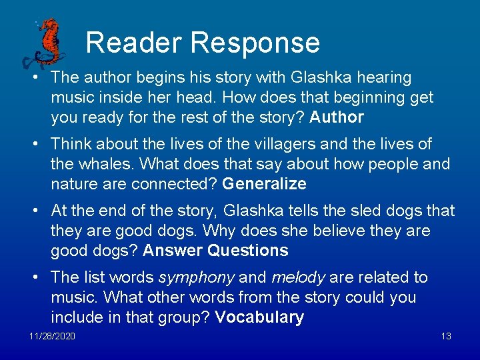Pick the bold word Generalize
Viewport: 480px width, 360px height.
click(x=265, y=184)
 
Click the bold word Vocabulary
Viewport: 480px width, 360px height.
click(x=259, y=317)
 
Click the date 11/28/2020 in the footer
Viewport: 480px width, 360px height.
click(x=52, y=336)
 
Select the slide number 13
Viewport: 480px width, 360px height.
click(x=446, y=336)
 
